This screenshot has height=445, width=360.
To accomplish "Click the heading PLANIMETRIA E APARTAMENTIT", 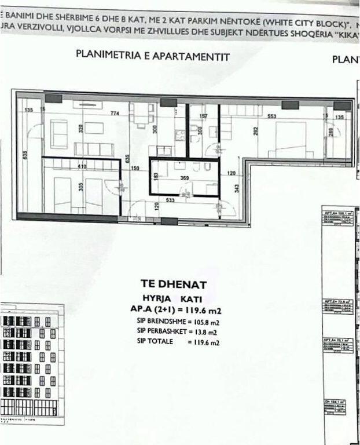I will (x=153, y=57).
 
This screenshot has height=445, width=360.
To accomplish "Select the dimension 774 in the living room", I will (x=115, y=114).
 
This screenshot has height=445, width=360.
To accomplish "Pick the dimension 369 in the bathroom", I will (x=185, y=178).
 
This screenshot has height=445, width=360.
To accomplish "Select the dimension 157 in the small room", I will (x=203, y=116).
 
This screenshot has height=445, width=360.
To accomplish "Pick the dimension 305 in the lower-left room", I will (x=82, y=187).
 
